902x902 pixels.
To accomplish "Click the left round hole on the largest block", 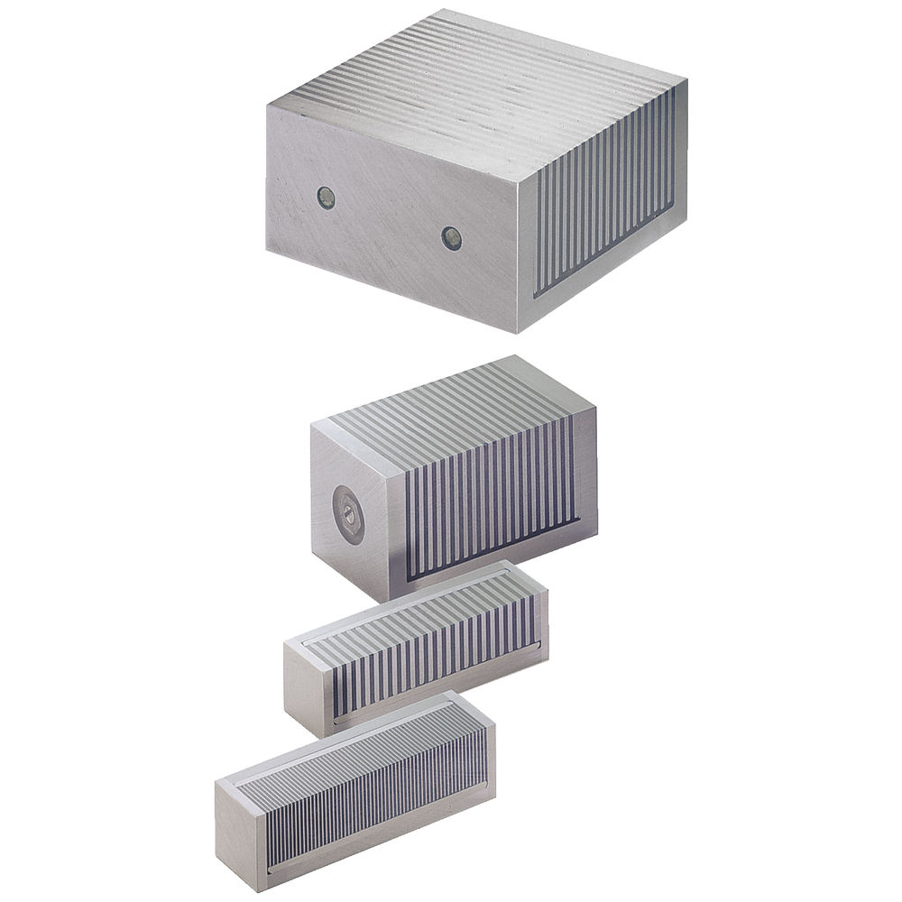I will point(326,198).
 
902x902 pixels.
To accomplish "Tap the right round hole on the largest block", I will point(451,238).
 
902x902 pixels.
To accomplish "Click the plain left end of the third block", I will point(305,686).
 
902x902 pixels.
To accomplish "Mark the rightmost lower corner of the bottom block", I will point(495,794).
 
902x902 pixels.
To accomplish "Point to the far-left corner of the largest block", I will point(267,106).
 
